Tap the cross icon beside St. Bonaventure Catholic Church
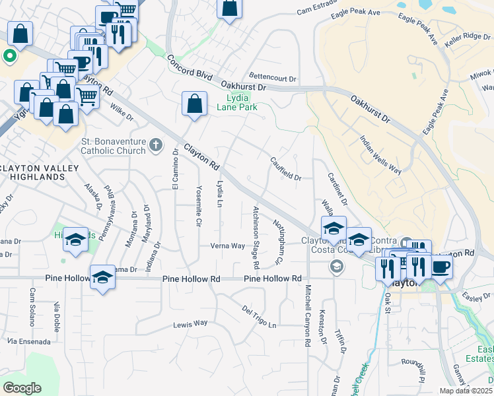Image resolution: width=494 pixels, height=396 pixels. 155,144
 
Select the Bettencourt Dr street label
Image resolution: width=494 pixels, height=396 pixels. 273,77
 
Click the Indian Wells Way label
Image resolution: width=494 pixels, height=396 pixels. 380,154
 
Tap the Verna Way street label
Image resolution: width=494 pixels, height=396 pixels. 227,246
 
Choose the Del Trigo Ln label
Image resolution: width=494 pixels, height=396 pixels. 258,317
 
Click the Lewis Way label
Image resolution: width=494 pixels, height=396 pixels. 190,323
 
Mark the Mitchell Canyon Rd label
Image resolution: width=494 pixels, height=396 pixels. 307,315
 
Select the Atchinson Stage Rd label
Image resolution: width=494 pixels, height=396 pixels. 256,236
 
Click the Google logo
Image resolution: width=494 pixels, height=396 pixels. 22,388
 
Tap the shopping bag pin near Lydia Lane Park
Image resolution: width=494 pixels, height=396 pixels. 194,104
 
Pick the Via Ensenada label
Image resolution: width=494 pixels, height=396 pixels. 28,341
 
